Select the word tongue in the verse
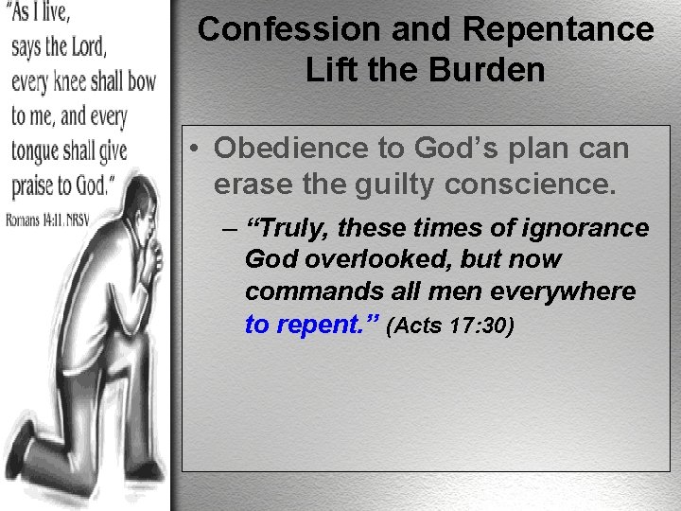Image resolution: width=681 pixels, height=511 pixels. click(40, 151)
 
